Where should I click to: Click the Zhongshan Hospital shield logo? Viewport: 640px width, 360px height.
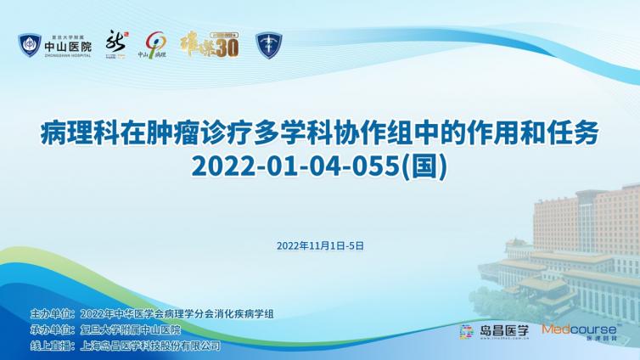(x=30, y=45)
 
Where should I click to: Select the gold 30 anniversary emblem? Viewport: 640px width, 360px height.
(x=210, y=44)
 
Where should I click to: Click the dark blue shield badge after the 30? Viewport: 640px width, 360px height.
(x=269, y=45)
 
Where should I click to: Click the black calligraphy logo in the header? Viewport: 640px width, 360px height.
(x=115, y=42)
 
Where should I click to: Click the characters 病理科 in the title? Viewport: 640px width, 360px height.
(x=77, y=133)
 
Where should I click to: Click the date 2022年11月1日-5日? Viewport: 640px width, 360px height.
(x=320, y=245)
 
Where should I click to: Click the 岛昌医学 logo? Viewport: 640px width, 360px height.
(x=493, y=330)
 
